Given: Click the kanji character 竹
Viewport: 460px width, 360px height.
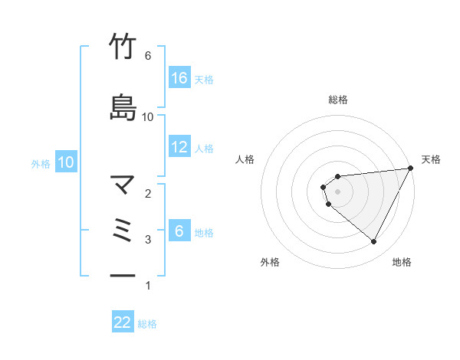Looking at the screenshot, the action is (123, 47).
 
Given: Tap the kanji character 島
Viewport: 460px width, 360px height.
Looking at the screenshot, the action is (123, 107).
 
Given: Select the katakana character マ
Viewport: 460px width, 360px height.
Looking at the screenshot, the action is (123, 185).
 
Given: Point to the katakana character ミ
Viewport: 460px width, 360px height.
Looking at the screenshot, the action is (123, 230).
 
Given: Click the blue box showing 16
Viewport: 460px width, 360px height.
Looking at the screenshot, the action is (179, 78).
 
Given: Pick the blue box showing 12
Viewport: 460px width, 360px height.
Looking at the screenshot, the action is (179, 147).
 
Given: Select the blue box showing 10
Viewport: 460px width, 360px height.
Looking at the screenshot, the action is (66, 162).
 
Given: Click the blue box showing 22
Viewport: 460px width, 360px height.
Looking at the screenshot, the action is (123, 322).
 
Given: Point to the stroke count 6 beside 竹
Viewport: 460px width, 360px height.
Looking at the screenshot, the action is (148, 56).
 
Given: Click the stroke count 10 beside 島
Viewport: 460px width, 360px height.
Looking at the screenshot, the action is (148, 116).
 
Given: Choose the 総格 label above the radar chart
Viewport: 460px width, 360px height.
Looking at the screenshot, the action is (338, 100).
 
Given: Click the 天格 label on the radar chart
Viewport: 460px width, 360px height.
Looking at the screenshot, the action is (431, 159).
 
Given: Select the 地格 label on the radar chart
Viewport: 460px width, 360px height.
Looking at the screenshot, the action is (402, 262).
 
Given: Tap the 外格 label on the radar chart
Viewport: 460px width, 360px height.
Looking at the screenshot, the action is (270, 262).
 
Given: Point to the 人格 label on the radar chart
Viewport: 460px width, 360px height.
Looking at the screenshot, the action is (245, 159).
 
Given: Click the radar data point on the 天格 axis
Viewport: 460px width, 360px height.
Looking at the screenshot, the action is (410, 168).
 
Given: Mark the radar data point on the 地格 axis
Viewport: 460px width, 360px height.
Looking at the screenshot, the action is (374, 242).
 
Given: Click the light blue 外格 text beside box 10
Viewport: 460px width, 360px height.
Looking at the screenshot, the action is (41, 163).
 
